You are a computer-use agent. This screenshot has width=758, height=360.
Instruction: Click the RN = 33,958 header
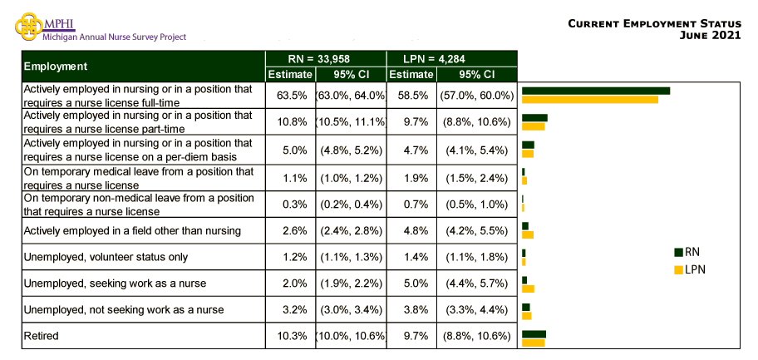(x=326, y=58)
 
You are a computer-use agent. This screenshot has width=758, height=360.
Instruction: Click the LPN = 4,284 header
(x=452, y=58)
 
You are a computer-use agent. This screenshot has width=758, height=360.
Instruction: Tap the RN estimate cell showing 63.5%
(x=287, y=96)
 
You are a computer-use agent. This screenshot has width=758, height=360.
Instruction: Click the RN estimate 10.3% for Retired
(x=287, y=336)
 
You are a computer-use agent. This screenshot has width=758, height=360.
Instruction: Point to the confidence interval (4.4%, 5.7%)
(x=477, y=284)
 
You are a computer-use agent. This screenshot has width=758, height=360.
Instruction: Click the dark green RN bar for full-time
(x=595, y=91)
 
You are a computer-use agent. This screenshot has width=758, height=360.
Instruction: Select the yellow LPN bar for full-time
(x=589, y=100)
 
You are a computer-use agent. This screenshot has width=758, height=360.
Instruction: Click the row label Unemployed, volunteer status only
(x=106, y=257)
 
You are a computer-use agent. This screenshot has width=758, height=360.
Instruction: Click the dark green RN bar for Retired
(x=534, y=333)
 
